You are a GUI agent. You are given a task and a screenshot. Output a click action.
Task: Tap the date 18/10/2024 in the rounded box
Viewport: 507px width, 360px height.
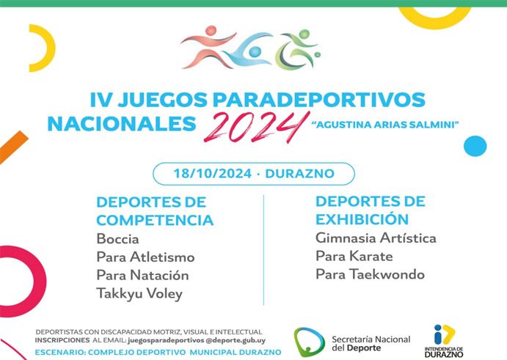[x=213, y=174]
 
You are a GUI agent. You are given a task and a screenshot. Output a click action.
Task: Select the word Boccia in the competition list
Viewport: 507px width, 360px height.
[x=117, y=239]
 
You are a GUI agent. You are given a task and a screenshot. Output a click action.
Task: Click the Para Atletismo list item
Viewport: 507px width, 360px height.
[x=145, y=257]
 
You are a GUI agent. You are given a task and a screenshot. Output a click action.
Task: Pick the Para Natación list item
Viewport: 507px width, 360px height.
[x=142, y=276]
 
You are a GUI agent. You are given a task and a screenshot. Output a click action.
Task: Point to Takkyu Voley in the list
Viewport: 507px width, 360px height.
[x=139, y=294]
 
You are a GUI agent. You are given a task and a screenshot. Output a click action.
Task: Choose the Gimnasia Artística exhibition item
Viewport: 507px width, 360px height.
[x=376, y=238]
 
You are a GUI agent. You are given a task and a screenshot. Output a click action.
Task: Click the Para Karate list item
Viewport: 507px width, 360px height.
[x=354, y=257]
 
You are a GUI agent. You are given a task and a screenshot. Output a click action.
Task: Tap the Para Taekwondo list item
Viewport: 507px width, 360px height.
[x=370, y=274]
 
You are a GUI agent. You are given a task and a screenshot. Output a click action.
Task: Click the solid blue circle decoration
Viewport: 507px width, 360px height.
[x=475, y=146]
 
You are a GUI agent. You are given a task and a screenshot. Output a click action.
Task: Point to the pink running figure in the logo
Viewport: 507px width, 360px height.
[x=208, y=47]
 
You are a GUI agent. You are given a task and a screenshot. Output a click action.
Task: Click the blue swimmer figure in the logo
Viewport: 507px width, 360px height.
[x=249, y=50]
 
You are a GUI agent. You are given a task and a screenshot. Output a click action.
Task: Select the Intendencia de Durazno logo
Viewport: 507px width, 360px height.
[x=444, y=341]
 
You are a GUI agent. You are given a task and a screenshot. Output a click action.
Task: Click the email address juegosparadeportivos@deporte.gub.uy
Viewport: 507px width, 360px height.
[x=197, y=340]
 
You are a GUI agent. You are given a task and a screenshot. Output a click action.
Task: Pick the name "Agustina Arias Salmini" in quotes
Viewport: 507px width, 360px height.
[x=384, y=125]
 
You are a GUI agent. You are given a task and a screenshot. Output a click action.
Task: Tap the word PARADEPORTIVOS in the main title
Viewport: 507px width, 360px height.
[x=319, y=100]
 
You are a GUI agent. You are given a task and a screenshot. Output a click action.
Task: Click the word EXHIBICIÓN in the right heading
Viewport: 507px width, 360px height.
[x=362, y=219]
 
